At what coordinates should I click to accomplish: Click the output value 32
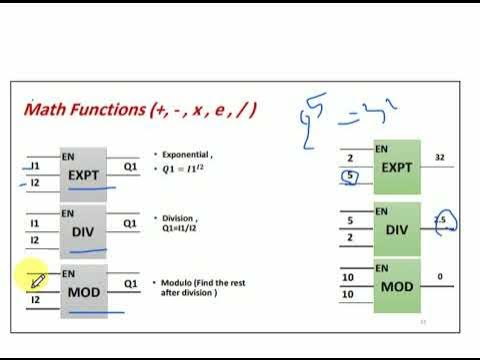[x=442, y=157]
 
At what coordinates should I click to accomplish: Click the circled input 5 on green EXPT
[x=349, y=178]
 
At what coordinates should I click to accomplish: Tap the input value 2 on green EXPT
[x=349, y=158]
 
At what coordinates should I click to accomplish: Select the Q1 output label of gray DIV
[x=130, y=223]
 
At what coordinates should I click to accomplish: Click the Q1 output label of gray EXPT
[x=130, y=165]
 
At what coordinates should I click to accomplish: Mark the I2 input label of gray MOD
[x=35, y=299]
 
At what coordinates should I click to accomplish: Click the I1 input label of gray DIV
[x=35, y=223]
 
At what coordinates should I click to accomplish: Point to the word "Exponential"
[x=185, y=155]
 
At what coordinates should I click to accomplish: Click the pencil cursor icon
[x=37, y=282]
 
